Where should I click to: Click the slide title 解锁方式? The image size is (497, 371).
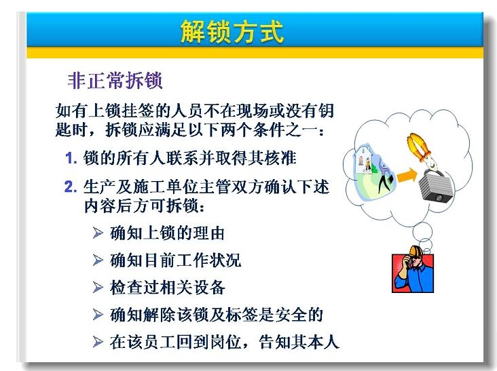tap(232, 32)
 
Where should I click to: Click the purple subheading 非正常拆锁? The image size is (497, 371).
tap(115, 81)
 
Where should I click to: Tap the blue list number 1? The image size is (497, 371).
tap(71, 158)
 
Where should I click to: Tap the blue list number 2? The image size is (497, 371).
tap(71, 187)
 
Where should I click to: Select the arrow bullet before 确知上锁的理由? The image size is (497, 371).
tap(98, 233)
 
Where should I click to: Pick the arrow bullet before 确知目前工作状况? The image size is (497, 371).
tap(98, 260)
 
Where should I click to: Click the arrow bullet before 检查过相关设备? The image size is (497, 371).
tap(98, 288)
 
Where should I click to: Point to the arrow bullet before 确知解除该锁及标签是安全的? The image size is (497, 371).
tap(98, 315)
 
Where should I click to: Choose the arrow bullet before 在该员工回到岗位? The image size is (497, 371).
tap(98, 342)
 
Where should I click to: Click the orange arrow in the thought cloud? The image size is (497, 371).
tap(407, 175)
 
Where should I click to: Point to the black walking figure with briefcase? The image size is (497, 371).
tap(385, 179)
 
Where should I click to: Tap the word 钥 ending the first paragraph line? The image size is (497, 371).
tap(326, 111)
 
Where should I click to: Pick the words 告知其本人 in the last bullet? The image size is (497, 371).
tap(299, 342)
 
